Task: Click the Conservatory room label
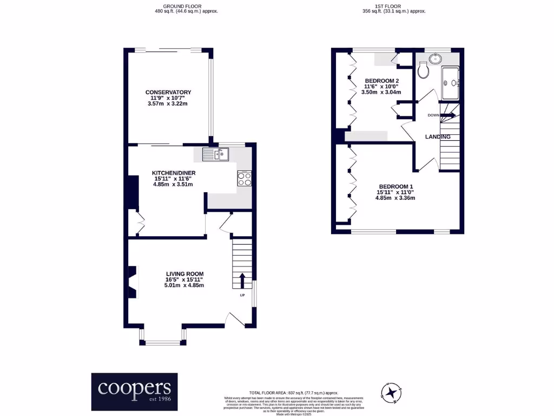[168, 92]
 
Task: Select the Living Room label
[184, 274]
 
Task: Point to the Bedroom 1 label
[395, 187]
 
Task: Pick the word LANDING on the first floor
[438, 137]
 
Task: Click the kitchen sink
[216, 155]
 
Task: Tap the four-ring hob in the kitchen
[245, 179]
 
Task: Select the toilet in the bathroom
[424, 69]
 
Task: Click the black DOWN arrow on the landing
[449, 115]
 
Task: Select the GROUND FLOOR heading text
[186, 8]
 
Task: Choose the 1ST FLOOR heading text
[393, 8]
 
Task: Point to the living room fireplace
[132, 282]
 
